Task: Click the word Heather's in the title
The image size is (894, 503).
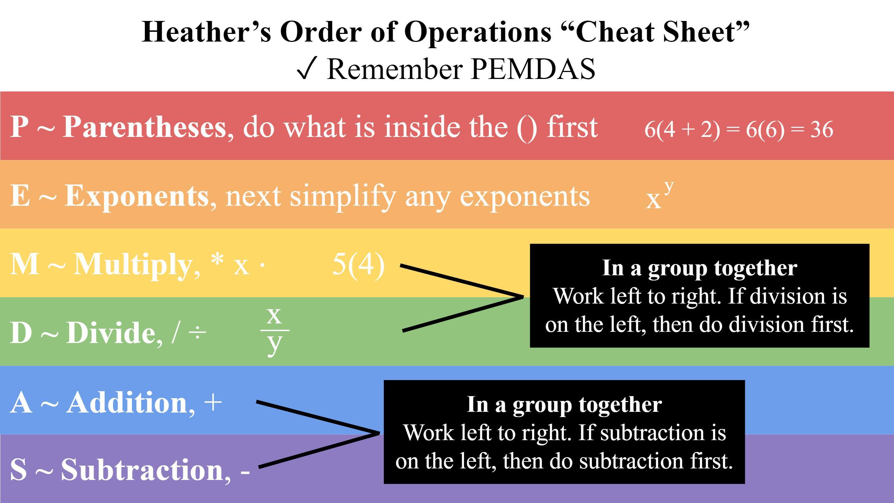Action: click(206, 32)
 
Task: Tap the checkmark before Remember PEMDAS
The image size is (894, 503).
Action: click(307, 68)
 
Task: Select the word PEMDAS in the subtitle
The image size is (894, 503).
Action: click(533, 68)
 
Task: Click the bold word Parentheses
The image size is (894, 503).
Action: click(144, 127)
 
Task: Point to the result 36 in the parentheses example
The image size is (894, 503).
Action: click(821, 129)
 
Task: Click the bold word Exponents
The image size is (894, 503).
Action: click(137, 196)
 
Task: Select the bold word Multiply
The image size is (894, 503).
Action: click(132, 264)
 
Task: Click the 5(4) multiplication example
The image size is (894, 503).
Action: click(358, 264)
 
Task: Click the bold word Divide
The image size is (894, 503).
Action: click(111, 333)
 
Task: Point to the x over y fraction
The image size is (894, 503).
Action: click(274, 330)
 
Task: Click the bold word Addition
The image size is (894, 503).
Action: click(127, 403)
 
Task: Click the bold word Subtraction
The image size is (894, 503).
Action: click(142, 470)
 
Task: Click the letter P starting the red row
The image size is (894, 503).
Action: click(19, 127)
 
